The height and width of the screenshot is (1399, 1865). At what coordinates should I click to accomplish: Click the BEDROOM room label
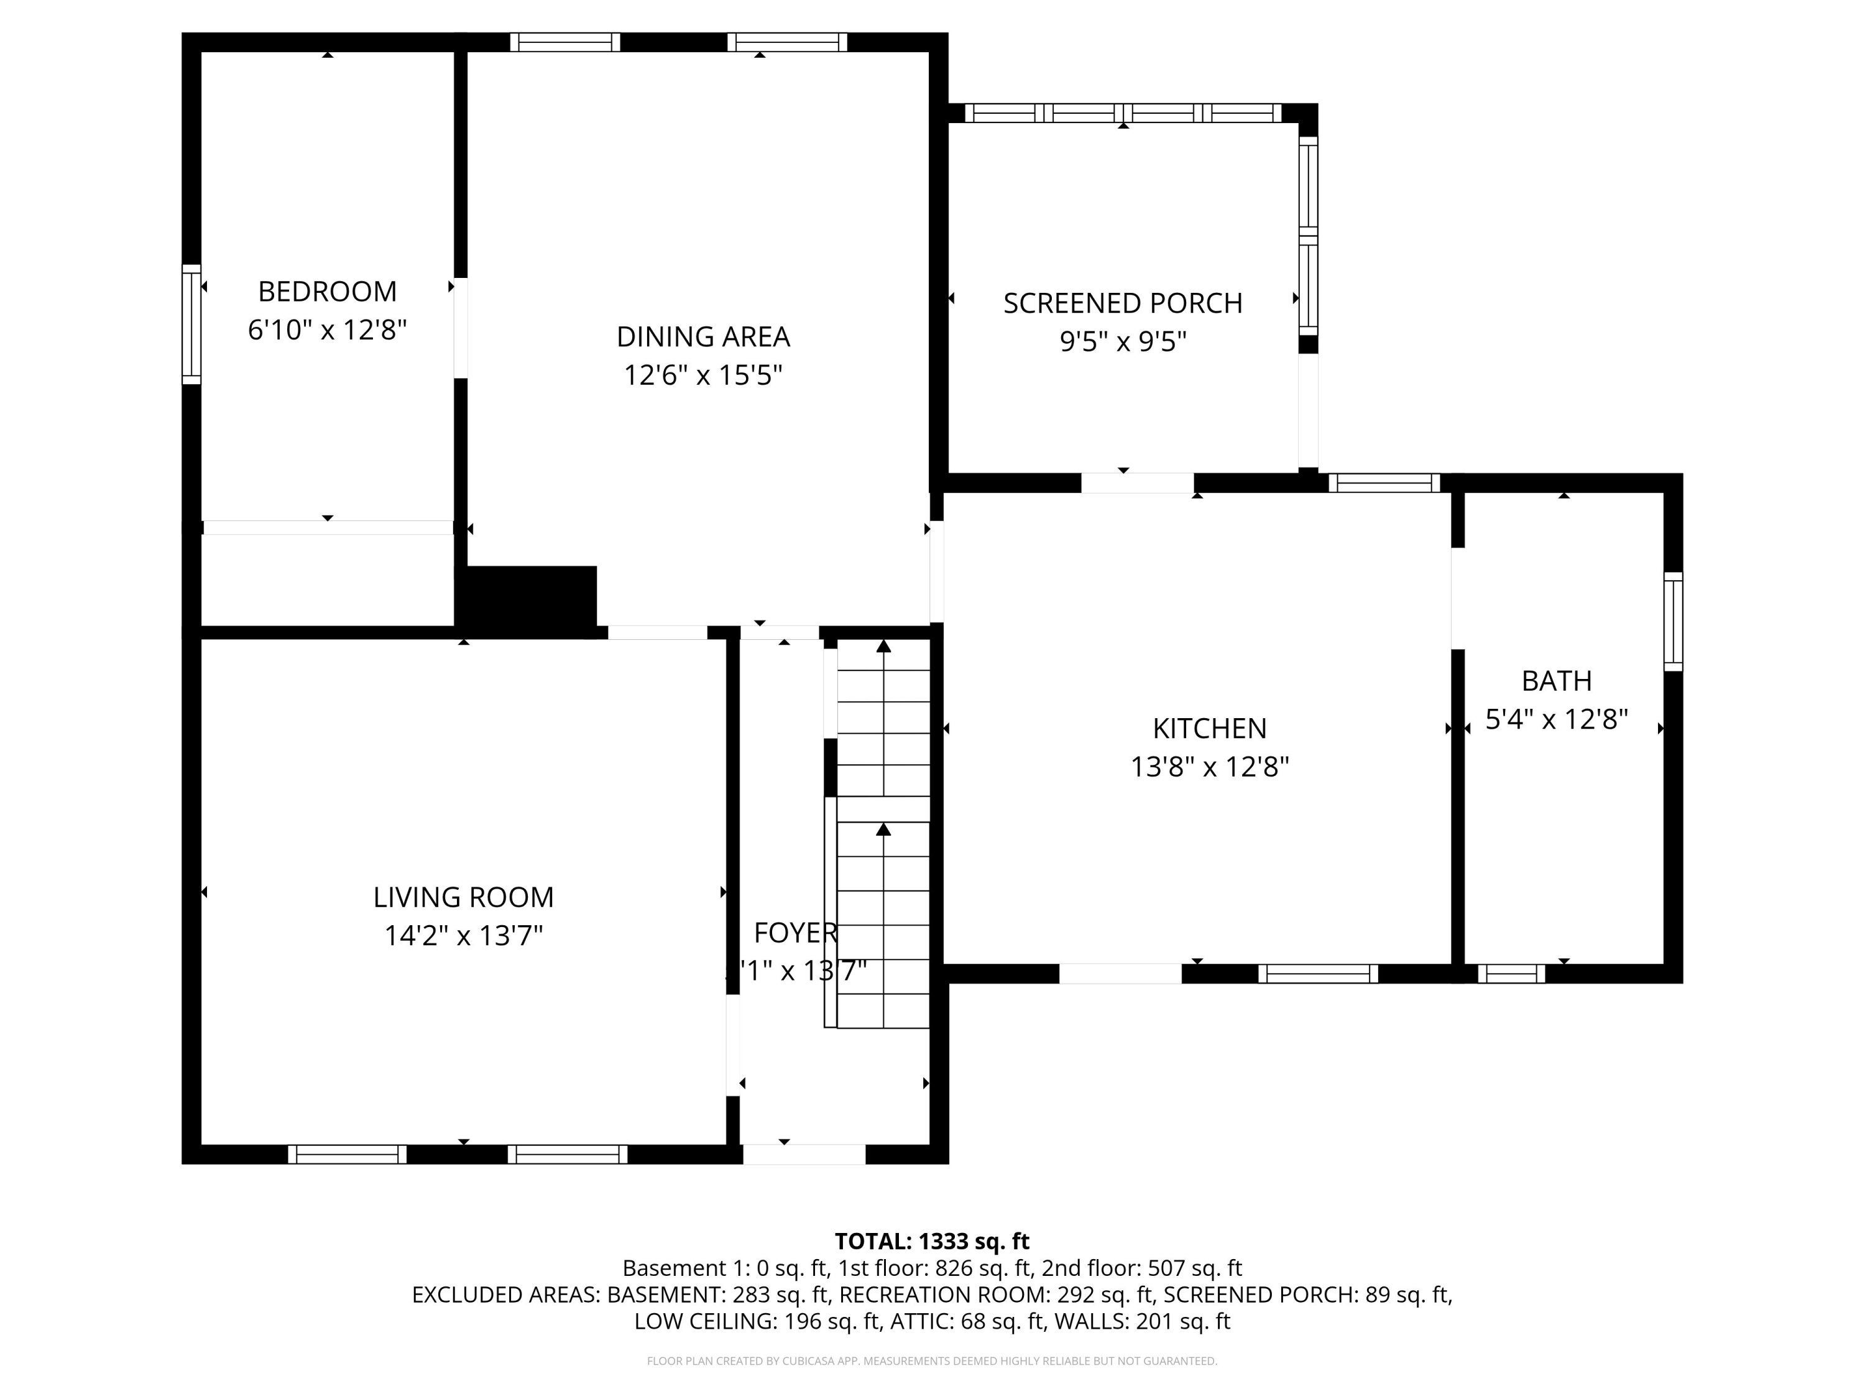(327, 292)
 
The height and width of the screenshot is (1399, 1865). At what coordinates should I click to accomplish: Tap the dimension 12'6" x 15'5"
(702, 376)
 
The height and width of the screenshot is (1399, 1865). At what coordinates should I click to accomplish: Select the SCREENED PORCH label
(1122, 303)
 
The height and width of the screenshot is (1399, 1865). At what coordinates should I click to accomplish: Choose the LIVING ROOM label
(463, 897)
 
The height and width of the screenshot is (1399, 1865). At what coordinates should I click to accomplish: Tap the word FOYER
(794, 933)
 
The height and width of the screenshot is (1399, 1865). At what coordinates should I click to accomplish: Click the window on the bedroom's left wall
(191, 325)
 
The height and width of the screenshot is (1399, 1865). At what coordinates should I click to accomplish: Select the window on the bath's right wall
(1673, 622)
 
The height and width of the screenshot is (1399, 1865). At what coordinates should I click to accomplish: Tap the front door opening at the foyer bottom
(803, 1155)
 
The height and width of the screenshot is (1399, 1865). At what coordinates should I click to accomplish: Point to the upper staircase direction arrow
(883, 647)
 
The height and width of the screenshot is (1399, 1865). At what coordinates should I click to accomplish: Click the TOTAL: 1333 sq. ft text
(932, 1241)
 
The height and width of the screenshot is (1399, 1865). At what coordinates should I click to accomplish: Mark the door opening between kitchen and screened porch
(1138, 483)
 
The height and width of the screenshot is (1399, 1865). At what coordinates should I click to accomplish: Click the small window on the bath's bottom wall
(1511, 974)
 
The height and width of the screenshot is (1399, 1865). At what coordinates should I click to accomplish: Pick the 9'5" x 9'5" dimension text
(1122, 341)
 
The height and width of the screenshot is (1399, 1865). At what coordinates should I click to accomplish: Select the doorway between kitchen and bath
(1457, 599)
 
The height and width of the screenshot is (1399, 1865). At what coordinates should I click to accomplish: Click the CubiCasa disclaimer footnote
(932, 1361)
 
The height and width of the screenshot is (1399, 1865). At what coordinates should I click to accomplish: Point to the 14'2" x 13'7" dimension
(463, 936)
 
